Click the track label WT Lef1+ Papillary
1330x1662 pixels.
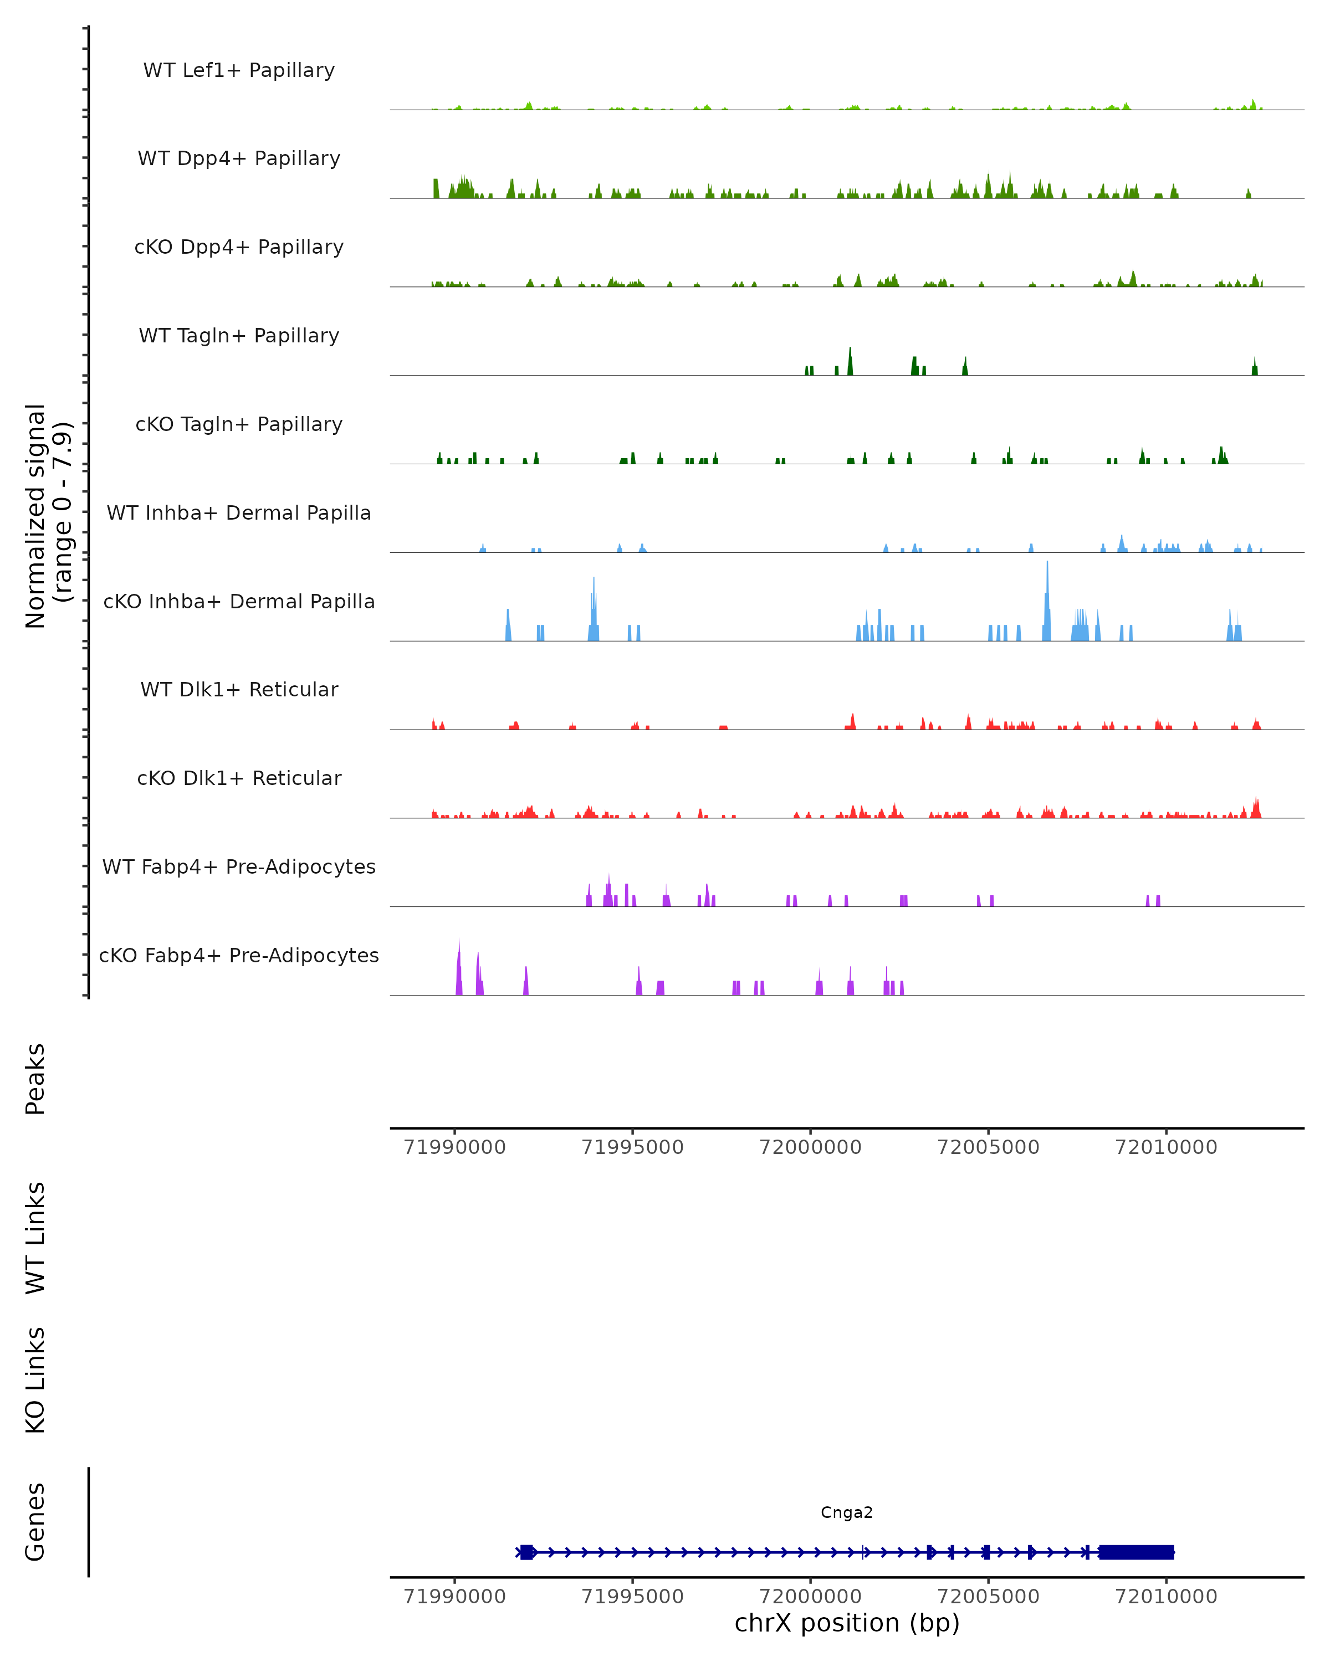pos(239,70)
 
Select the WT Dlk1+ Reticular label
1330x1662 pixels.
pos(239,689)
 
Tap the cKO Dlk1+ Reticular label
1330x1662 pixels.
pos(239,778)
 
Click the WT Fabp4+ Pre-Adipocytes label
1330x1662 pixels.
pos(239,866)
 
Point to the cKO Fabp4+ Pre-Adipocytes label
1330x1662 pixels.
pos(239,955)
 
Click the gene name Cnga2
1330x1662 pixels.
pos(847,1512)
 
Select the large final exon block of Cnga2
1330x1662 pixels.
pos(1137,1552)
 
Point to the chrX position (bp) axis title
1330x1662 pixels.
pos(847,1623)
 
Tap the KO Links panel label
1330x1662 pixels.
pos(35,1381)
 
